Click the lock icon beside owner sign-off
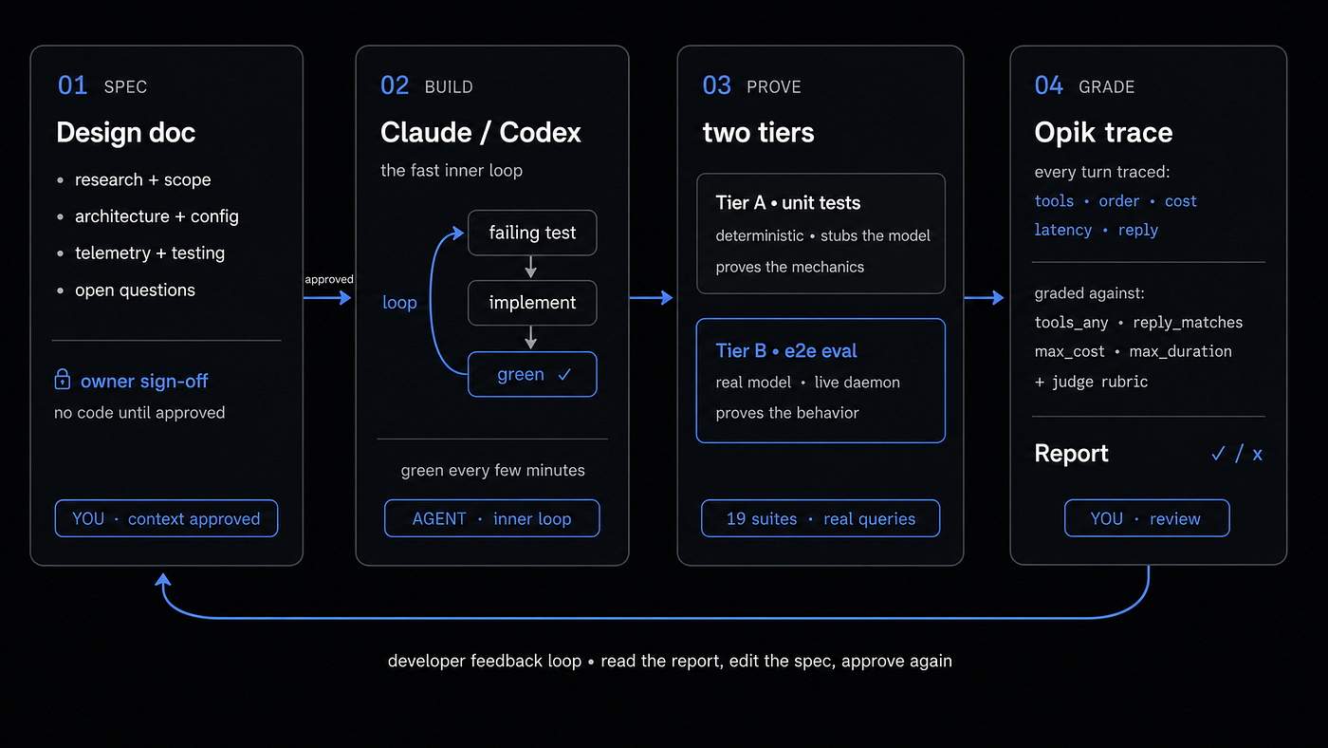[x=63, y=380]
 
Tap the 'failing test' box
[x=532, y=233]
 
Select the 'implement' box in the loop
[x=532, y=303]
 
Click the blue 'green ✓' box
[x=532, y=374]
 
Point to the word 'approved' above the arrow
[x=329, y=279]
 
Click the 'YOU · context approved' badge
[x=166, y=518]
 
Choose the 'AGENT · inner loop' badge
[x=492, y=518]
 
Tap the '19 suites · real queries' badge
[x=821, y=518]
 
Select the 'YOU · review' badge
[x=1147, y=518]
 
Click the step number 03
[x=717, y=86]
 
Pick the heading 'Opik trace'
[x=1103, y=132]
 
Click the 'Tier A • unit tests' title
[x=788, y=203]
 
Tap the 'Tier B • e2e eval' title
[x=786, y=351]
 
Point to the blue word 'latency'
[x=1063, y=230]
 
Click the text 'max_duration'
[x=1180, y=352]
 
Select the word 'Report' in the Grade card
[x=1071, y=454]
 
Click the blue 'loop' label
[x=399, y=303]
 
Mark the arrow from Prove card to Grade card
[x=985, y=297]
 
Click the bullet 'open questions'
[x=135, y=290]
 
